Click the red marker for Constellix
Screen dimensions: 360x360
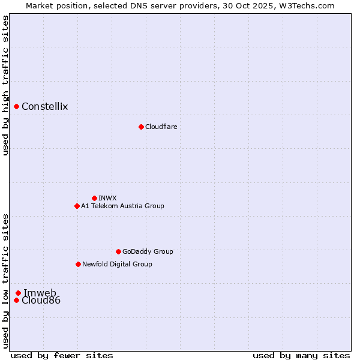(x=16, y=107)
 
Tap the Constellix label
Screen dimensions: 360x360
(x=44, y=107)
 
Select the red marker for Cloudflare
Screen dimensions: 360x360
(x=141, y=127)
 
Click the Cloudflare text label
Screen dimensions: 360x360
(x=161, y=127)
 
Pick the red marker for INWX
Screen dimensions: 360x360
(x=94, y=198)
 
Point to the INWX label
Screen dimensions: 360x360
(x=107, y=198)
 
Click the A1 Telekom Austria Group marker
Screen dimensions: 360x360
(x=77, y=206)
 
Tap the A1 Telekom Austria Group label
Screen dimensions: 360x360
(x=122, y=206)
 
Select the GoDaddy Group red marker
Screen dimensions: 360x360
(x=118, y=251)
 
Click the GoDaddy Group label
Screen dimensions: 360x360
(x=148, y=251)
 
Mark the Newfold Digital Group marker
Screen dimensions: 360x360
(x=78, y=264)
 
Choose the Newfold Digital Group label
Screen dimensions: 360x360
(x=117, y=264)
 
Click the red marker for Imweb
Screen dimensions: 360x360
(x=18, y=293)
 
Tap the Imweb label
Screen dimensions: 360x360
(x=40, y=293)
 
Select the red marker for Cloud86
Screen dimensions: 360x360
(x=16, y=300)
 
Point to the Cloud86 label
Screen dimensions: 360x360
(x=41, y=300)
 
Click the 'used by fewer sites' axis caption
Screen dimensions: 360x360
(x=62, y=355)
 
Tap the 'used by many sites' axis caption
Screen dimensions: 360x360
(x=301, y=355)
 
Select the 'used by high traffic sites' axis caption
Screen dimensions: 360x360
(x=5, y=86)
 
